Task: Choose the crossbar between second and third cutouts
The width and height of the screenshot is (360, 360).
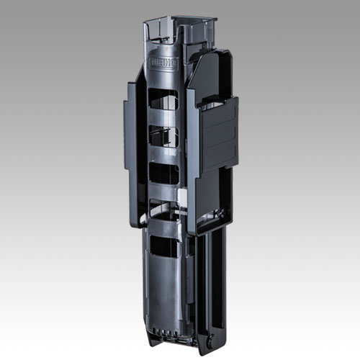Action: [164, 155]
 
